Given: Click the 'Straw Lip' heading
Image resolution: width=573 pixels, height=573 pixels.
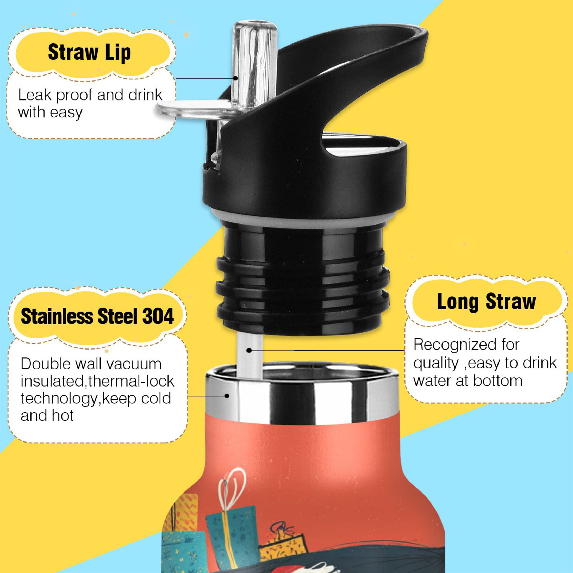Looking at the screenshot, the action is click(x=89, y=53).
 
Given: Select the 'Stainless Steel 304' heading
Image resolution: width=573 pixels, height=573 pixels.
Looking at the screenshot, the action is click(x=97, y=316).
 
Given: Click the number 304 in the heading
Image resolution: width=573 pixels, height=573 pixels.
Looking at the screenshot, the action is click(x=158, y=316).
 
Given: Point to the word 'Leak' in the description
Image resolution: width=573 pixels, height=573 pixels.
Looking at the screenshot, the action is click(x=35, y=95).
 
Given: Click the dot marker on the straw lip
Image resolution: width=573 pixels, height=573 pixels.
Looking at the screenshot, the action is click(x=235, y=78).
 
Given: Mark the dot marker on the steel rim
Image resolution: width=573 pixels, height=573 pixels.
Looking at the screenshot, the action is click(x=227, y=396).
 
